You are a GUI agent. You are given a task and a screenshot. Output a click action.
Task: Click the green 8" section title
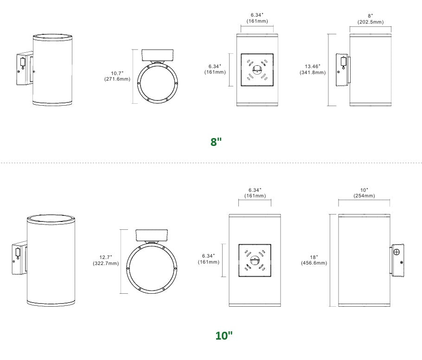[216, 142]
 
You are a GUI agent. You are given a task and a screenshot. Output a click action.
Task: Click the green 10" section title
[224, 335]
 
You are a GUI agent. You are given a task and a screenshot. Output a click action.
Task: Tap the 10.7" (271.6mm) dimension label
[117, 76]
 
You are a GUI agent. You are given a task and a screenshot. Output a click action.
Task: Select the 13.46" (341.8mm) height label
[313, 69]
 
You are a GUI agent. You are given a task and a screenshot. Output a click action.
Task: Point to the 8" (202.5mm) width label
[371, 19]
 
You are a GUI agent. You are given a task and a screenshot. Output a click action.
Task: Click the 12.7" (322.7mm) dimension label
[106, 260]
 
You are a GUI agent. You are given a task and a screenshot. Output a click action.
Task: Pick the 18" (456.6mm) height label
[314, 260]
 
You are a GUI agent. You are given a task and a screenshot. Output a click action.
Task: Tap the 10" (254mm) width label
[364, 193]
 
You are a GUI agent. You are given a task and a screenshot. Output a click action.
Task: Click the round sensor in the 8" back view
[257, 69]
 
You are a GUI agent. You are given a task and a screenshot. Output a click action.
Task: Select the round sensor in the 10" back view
[255, 260]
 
